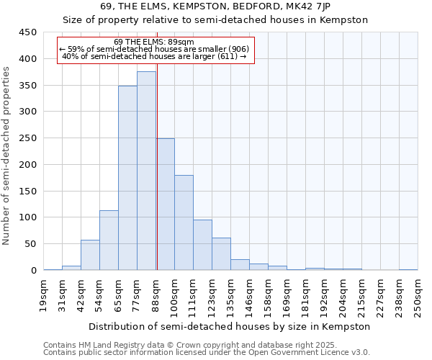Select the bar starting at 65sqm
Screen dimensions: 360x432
pyautogui.click(x=127, y=178)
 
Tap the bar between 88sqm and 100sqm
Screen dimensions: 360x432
pyautogui.click(x=165, y=204)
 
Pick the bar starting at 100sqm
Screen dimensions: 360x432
pyautogui.click(x=184, y=222)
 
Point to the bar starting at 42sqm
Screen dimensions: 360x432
pyautogui.click(x=90, y=255)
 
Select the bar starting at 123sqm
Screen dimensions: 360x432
pyautogui.click(x=221, y=253)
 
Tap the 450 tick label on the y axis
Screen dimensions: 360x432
pyautogui.click(x=27, y=32)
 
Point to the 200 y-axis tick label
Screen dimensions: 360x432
pyautogui.click(x=27, y=165)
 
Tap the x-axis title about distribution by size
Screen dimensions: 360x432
pyautogui.click(x=231, y=326)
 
